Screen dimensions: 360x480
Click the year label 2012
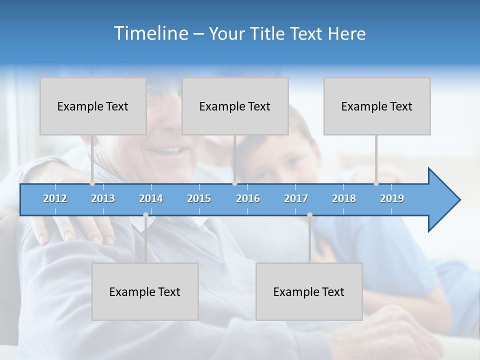pyautogui.click(x=55, y=198)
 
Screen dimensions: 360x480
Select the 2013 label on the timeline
pyautogui.click(x=103, y=198)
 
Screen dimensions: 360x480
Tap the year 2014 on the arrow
pyautogui.click(x=151, y=198)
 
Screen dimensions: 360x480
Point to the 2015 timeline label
pyautogui.click(x=199, y=198)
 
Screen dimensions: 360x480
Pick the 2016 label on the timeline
pyautogui.click(x=248, y=198)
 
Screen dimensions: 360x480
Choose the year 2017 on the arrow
pyautogui.click(x=296, y=198)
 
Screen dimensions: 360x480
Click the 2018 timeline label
pyautogui.click(x=344, y=198)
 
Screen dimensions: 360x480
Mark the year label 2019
pyautogui.click(x=392, y=198)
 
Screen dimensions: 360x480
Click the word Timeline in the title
pyautogui.click(x=150, y=33)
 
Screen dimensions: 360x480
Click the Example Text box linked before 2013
pyautogui.click(x=93, y=106)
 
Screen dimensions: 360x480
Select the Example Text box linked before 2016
pyautogui.click(x=235, y=106)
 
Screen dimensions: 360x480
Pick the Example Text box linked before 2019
pyautogui.click(x=377, y=106)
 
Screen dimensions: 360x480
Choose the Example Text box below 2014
pyautogui.click(x=145, y=291)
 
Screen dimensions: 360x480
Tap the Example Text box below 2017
pyautogui.click(x=309, y=291)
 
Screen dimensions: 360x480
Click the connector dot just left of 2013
pyautogui.click(x=92, y=183)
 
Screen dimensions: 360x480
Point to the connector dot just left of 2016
pyautogui.click(x=235, y=183)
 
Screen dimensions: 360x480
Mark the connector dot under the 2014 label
pyautogui.click(x=145, y=214)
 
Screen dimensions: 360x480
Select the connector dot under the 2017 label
pyautogui.click(x=309, y=214)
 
